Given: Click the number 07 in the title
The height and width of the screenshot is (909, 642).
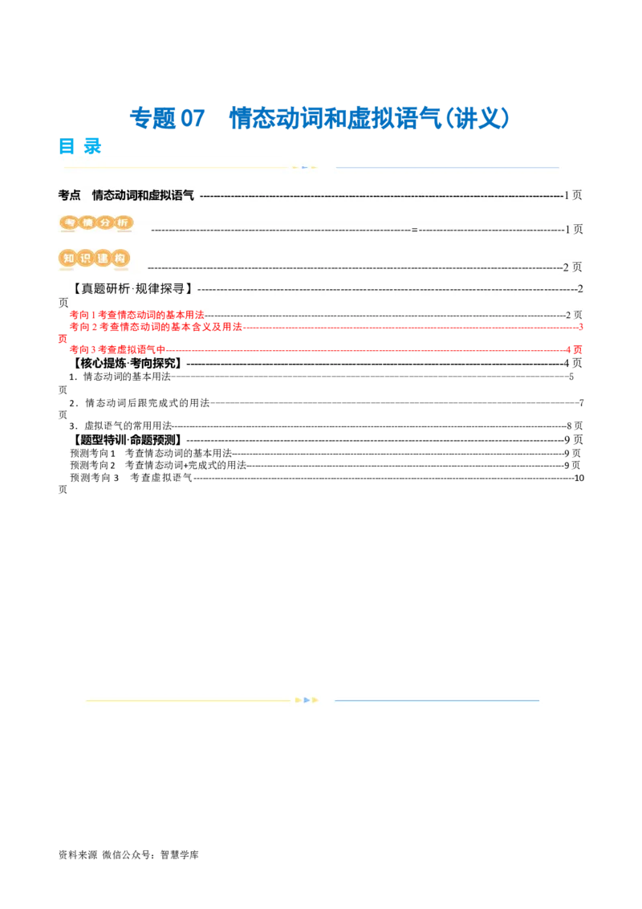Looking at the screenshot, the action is pyautogui.click(x=193, y=118).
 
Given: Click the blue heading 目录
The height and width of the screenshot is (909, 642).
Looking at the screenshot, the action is pyautogui.click(x=80, y=146).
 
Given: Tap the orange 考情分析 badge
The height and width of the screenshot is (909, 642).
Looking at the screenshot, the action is pyautogui.click(x=96, y=223).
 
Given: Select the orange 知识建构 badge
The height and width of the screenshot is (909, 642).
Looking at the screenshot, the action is pyautogui.click(x=94, y=259).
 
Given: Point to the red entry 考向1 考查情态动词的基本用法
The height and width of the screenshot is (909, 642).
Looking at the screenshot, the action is pyautogui.click(x=136, y=315).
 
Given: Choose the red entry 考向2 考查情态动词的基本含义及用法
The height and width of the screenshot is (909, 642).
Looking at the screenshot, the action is pyautogui.click(x=156, y=327).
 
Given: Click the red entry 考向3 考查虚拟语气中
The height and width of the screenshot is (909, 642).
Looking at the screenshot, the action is pyautogui.click(x=118, y=349).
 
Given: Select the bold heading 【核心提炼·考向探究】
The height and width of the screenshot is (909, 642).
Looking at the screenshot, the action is pyautogui.click(x=127, y=364).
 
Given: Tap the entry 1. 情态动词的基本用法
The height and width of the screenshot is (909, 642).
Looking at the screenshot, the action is pyautogui.click(x=120, y=377).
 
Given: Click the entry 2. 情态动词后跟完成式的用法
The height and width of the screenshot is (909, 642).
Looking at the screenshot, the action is pyautogui.click(x=139, y=402).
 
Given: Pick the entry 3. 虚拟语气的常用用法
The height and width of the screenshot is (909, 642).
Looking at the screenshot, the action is pyautogui.click(x=120, y=426).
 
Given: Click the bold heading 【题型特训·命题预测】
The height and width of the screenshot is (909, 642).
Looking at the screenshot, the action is pyautogui.click(x=127, y=440).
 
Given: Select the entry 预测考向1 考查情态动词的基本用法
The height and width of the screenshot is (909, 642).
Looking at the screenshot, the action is pyautogui.click(x=151, y=453).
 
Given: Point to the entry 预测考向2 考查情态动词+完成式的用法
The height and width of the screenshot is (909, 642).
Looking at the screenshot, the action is pyautogui.click(x=158, y=465).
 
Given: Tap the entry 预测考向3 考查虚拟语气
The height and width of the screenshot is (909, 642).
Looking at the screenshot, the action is pyautogui.click(x=131, y=478).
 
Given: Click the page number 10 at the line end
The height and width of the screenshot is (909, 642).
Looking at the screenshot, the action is pyautogui.click(x=579, y=478).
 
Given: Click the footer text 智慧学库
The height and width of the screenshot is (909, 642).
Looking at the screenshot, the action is pyautogui.click(x=180, y=854).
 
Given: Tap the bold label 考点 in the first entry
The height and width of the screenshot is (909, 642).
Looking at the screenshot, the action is pyautogui.click(x=70, y=195).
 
